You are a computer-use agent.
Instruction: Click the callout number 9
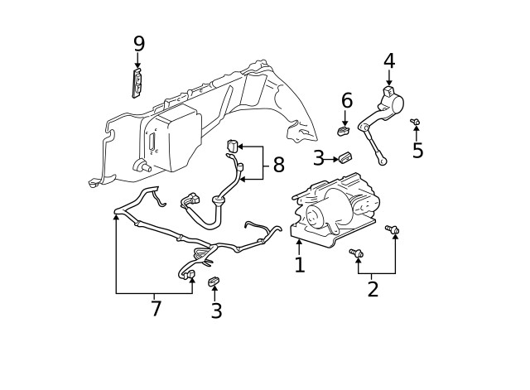coord(138,43)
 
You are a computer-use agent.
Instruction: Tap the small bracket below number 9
coord(137,83)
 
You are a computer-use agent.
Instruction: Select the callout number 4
coord(389,60)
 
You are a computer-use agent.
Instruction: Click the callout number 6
coord(347,100)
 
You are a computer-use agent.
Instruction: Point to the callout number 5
coord(418,151)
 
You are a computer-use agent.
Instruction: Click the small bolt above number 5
coord(416,123)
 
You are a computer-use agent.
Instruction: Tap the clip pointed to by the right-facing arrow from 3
coord(346,157)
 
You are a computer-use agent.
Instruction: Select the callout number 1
coord(300,265)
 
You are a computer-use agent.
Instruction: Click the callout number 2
coord(373,289)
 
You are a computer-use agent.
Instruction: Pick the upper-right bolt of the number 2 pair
coord(393,229)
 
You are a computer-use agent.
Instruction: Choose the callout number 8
coord(278,166)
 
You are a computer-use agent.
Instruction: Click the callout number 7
coord(156,309)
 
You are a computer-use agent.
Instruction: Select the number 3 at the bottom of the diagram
coord(216,311)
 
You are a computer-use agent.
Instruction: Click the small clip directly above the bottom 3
coord(214,282)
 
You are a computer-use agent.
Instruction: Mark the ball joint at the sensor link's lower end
coord(382,161)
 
